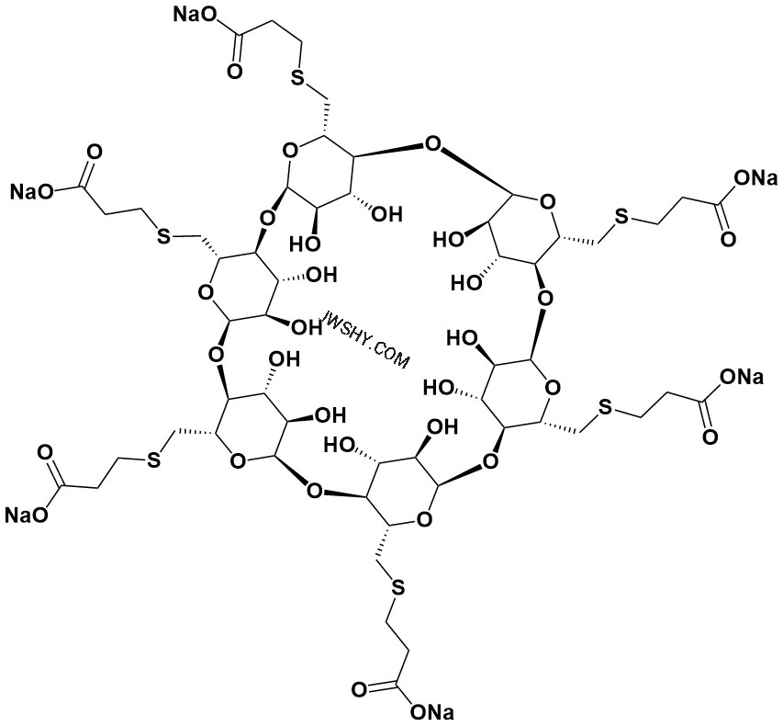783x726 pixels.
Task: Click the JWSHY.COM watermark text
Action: [367, 339]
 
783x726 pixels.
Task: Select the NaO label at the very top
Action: [195, 15]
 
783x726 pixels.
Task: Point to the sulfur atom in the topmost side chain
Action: [297, 77]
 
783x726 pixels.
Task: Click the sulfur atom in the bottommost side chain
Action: [397, 588]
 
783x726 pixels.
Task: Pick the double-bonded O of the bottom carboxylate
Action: [359, 690]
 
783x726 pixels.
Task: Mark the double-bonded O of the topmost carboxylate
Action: [235, 71]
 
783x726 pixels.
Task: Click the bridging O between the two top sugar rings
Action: [432, 145]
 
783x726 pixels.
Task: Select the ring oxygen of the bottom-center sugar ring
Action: [424, 520]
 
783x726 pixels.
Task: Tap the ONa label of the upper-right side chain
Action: [755, 177]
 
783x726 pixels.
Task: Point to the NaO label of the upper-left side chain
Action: [32, 191]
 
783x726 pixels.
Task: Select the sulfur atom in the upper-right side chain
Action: [621, 216]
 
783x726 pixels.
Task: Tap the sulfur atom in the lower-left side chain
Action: [153, 461]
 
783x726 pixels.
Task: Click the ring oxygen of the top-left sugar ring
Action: [290, 149]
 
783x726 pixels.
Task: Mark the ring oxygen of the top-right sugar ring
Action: [547, 202]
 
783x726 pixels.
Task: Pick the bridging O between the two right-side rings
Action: [546, 299]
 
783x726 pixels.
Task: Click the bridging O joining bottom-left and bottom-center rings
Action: [314, 491]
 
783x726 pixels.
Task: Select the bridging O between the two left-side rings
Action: [215, 356]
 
